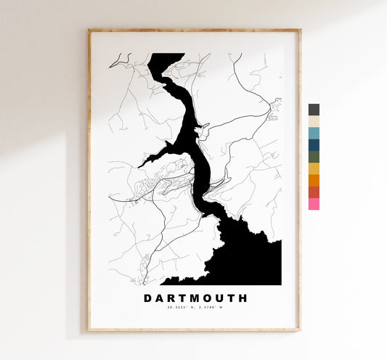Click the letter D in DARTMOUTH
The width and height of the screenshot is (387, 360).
(x=148, y=298)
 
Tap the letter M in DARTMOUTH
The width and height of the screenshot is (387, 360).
(x=190, y=298)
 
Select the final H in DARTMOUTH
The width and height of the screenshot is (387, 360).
(x=243, y=298)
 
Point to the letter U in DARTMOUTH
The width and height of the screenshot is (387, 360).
(x=216, y=298)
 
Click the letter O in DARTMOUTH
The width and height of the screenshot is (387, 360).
(x=203, y=298)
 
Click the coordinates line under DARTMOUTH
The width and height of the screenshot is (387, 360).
(x=195, y=310)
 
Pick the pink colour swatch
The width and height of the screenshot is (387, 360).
(x=314, y=204)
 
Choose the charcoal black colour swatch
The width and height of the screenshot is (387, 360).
(x=314, y=110)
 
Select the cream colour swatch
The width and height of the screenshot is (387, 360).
(x=314, y=121)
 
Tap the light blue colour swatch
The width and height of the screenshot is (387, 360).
(x=314, y=133)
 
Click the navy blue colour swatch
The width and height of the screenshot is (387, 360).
(x=314, y=144)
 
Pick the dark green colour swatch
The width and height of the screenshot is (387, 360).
(x=314, y=157)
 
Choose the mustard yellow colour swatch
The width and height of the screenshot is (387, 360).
(x=314, y=168)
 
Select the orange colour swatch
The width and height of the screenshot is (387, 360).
(x=314, y=180)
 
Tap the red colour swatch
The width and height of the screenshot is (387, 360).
(x=314, y=192)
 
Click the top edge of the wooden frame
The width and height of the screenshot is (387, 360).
(x=194, y=31)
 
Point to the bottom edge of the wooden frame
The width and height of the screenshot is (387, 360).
(x=194, y=329)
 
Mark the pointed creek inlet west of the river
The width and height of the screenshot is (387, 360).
(x=145, y=162)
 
